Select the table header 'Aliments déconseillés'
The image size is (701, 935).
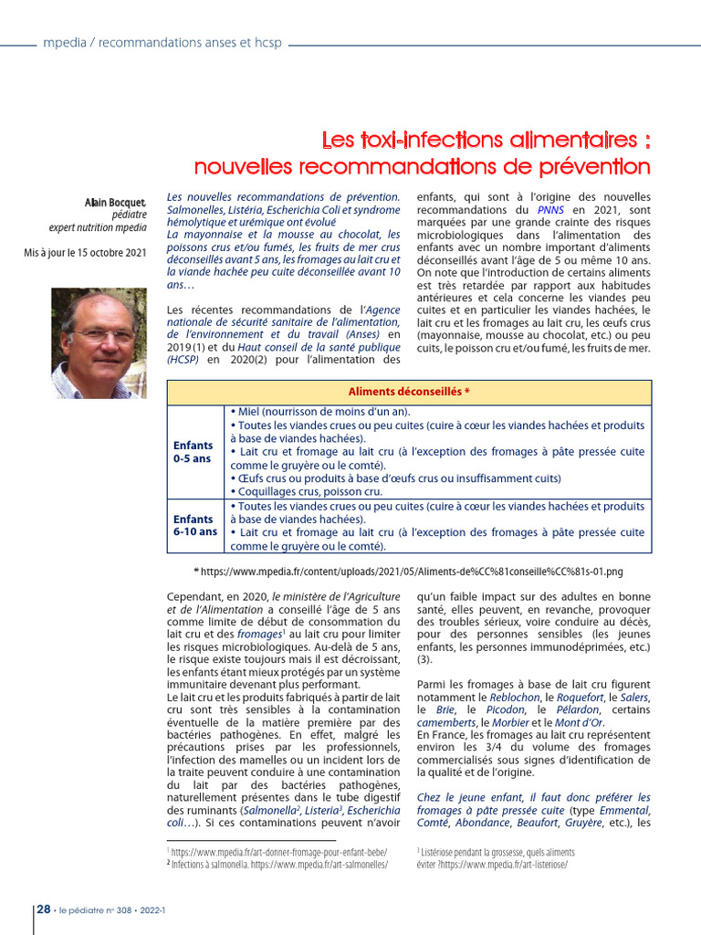[x=409, y=392]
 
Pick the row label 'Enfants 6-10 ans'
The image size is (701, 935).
[x=195, y=525]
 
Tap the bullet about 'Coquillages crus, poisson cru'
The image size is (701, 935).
[x=307, y=491]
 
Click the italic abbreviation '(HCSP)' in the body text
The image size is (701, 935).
[x=183, y=360]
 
